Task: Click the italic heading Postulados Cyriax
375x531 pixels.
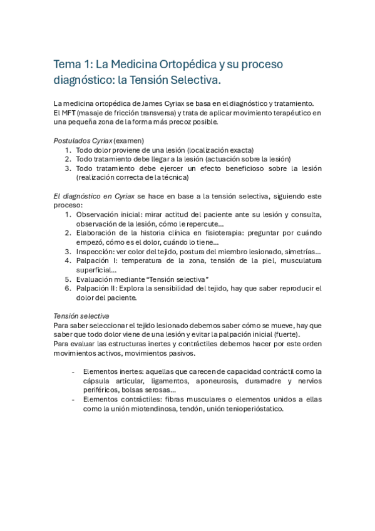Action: (x=83, y=140)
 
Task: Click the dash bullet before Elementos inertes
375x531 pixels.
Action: (x=74, y=371)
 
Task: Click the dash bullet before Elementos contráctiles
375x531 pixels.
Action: (x=74, y=400)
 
